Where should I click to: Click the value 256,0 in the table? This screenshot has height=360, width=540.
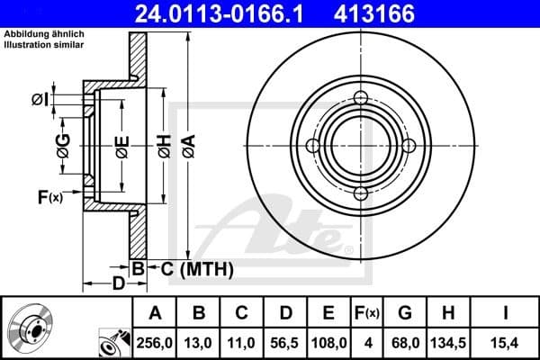[x=155, y=342]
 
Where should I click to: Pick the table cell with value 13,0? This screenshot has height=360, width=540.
[x=199, y=342]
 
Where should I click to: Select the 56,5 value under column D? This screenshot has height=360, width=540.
[x=285, y=342]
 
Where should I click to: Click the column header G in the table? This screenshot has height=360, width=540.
[x=405, y=313]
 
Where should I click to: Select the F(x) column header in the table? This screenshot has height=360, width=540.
[x=367, y=313]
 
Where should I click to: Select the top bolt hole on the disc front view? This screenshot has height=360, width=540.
[x=361, y=100]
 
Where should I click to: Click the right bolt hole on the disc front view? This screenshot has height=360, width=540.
[x=409, y=147]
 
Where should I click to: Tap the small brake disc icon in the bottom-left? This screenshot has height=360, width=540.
[x=30, y=328]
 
